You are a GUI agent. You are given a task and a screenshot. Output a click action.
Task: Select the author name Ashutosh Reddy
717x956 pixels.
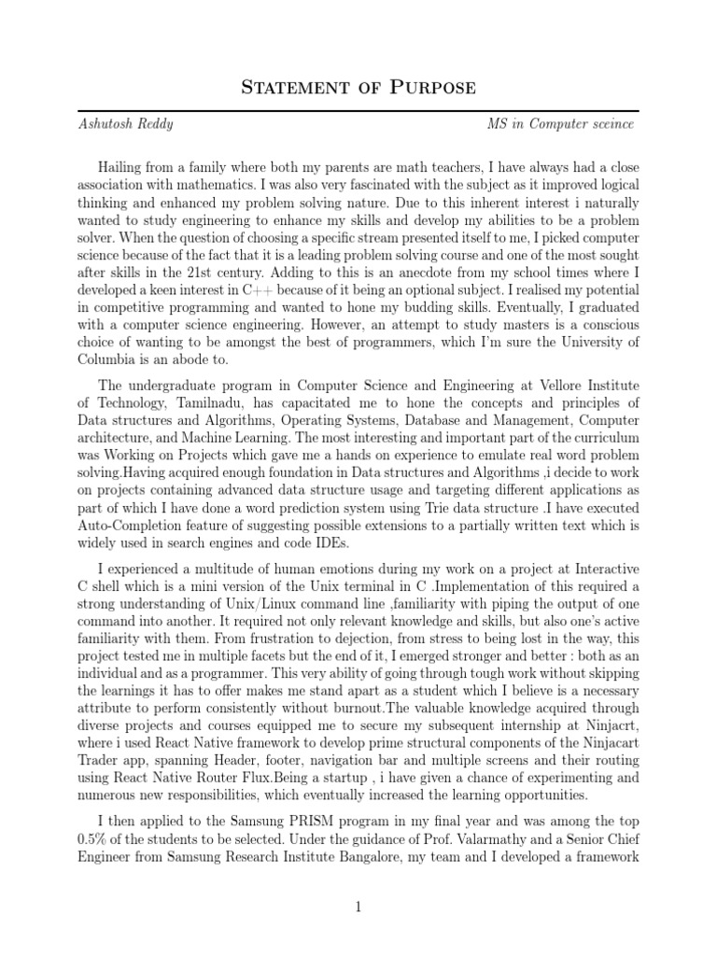(x=126, y=124)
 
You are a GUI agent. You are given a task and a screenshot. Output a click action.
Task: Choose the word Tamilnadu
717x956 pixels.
(x=194, y=402)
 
